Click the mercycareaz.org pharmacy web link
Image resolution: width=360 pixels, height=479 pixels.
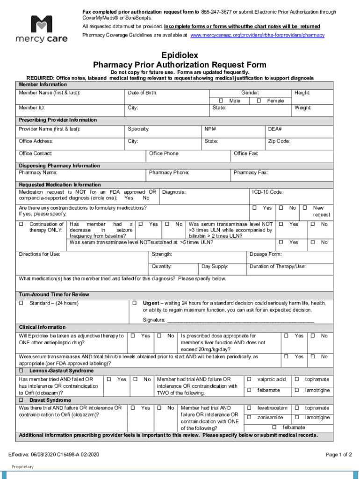[x=257, y=35]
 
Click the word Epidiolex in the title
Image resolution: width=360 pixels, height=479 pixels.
[x=180, y=55]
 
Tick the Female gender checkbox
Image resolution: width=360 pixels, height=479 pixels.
[x=259, y=101]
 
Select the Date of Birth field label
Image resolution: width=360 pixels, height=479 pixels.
[x=143, y=93]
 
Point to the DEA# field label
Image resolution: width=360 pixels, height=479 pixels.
[x=274, y=129]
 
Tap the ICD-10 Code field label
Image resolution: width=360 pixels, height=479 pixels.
[x=267, y=192]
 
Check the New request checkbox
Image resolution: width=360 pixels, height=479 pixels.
[x=304, y=208]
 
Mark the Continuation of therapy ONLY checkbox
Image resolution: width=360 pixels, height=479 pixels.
[x=21, y=225]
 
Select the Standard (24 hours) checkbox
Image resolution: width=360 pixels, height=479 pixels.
[x=21, y=303]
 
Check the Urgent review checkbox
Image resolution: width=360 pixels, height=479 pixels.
[x=135, y=303]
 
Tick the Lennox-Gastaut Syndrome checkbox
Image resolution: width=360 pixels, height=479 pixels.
[x=21, y=370]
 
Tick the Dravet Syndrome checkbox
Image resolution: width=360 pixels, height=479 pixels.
[x=21, y=400]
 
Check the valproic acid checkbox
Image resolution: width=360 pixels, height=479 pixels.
[x=249, y=379]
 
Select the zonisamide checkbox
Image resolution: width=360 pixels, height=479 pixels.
[x=249, y=417]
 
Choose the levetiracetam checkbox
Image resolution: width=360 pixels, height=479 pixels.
[x=249, y=408]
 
